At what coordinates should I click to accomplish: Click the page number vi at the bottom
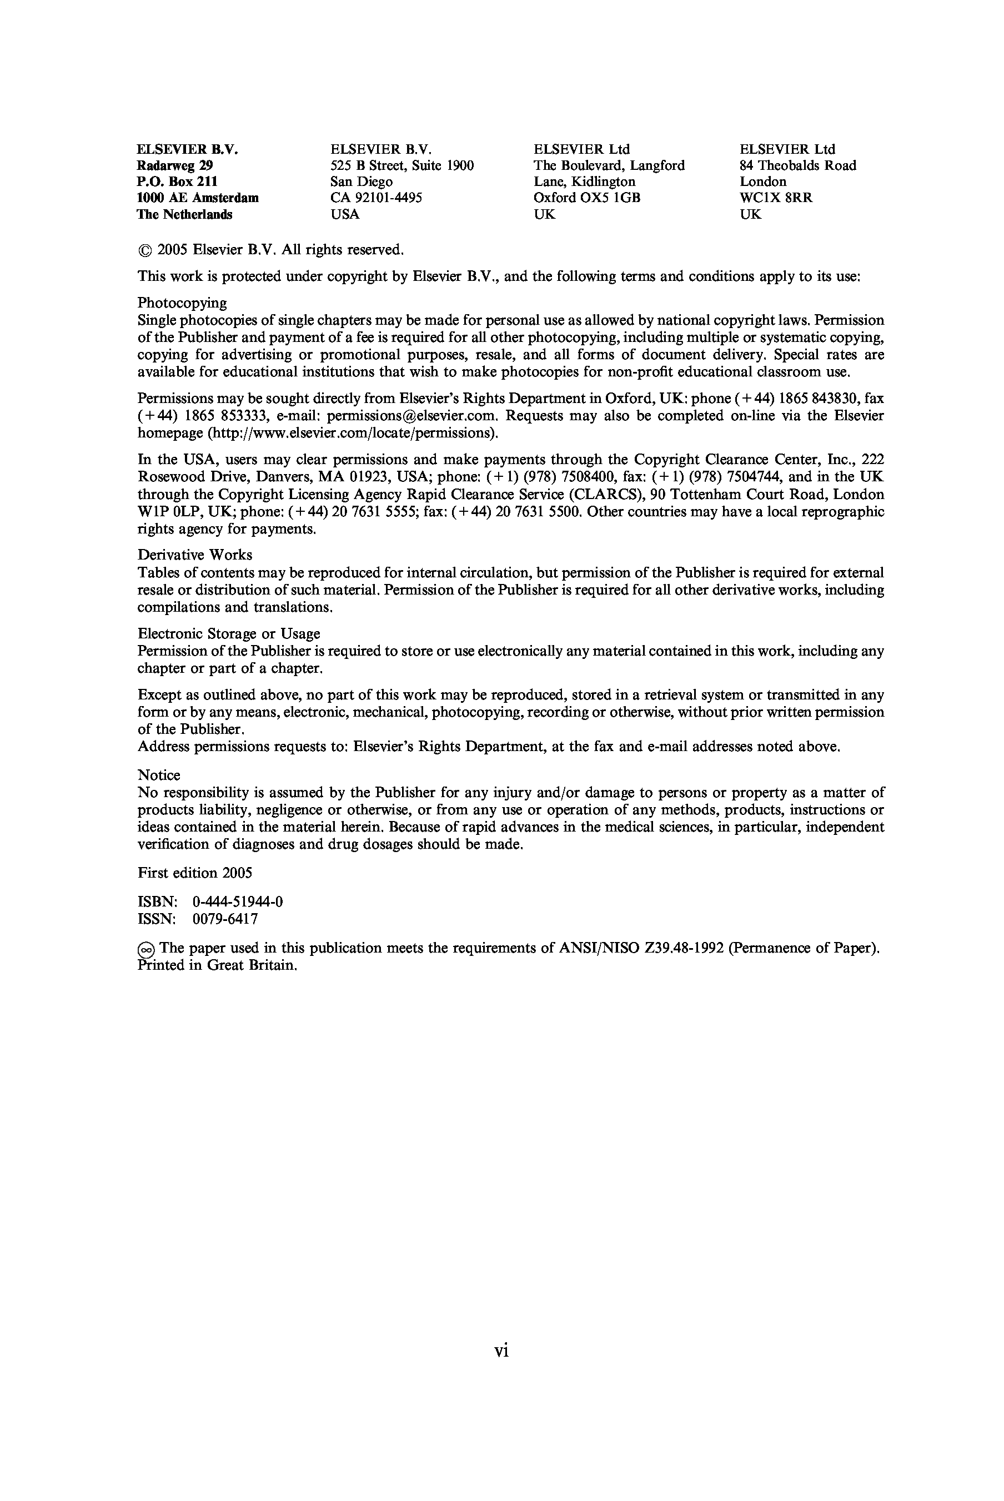point(501,1351)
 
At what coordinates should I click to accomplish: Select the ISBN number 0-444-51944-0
point(238,902)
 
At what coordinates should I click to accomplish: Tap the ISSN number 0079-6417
point(225,919)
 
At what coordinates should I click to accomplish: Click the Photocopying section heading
point(182,303)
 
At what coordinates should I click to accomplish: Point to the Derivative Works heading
point(195,555)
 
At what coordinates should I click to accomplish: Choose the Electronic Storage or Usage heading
point(229,634)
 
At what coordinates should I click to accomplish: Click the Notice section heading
point(159,775)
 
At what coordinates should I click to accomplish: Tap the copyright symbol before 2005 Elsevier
point(145,250)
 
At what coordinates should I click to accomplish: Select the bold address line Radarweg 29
point(174,166)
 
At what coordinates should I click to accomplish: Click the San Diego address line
point(361,182)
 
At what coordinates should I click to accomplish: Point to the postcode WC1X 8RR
point(776,198)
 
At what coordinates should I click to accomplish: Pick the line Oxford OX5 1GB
point(586,198)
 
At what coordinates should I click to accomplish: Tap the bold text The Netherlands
point(184,214)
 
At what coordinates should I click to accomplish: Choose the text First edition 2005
point(195,873)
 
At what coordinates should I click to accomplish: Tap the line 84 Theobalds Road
point(797,166)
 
